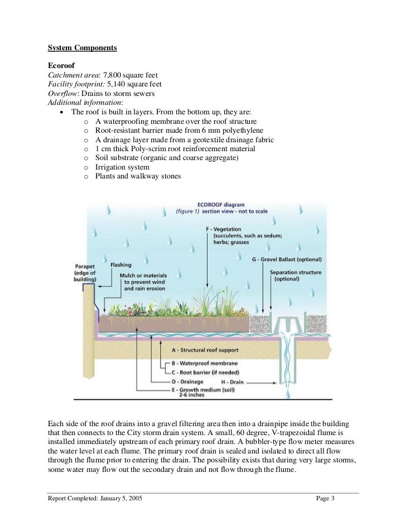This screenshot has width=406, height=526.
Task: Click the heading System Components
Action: [x=82, y=48]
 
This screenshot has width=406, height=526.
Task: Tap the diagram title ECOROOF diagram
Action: [x=221, y=205]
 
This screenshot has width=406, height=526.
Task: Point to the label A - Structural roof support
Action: [x=206, y=350]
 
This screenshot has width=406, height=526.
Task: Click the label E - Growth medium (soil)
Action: [x=206, y=390]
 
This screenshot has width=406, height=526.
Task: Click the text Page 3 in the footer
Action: [x=325, y=498]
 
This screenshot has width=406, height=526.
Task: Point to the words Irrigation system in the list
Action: [x=122, y=167]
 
